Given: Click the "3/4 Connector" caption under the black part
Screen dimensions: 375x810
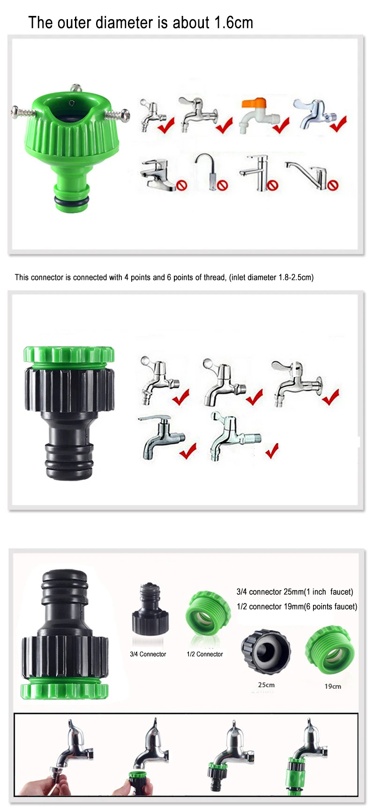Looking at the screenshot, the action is point(148,654).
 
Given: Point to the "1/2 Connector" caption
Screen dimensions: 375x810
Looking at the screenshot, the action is point(205,654).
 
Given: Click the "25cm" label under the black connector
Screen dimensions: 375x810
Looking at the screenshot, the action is point(266,685).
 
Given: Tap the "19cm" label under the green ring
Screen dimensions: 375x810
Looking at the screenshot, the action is point(333,686).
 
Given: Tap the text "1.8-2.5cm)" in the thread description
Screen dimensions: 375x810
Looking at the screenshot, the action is point(295,277).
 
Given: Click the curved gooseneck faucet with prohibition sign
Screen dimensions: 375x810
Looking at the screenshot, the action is point(211,172).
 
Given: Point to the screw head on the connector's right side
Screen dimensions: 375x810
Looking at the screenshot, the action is point(125,113).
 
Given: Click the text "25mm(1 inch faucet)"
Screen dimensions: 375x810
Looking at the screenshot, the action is point(318,592).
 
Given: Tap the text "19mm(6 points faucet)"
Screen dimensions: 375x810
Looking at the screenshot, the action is point(320,606).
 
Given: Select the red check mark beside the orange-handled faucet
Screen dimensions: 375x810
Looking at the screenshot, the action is point(281,126).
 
